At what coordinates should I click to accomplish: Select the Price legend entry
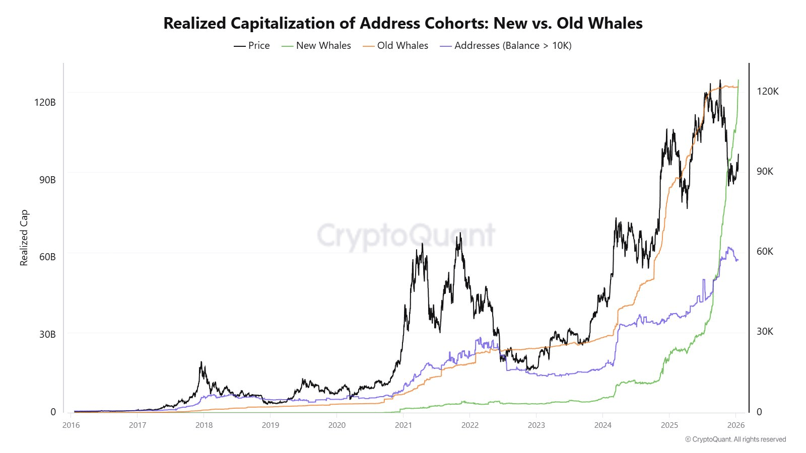pos(252,46)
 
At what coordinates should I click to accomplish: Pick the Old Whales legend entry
pos(396,46)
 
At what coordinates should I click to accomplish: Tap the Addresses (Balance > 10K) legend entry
pos(506,46)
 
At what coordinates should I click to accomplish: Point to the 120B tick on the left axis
pos(45,102)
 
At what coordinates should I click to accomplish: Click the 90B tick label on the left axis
pos(47,180)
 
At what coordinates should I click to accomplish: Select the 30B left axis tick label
pos(47,334)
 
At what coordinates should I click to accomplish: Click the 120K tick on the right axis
pos(767,91)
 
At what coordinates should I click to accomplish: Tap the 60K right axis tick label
pos(765,251)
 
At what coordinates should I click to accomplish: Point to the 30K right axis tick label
pos(765,331)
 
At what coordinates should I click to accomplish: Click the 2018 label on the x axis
pos(204,425)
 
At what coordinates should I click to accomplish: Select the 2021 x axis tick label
pos(404,425)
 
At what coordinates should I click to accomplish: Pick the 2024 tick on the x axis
pos(603,425)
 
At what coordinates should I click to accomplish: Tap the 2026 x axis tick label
pos(736,425)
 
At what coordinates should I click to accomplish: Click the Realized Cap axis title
pos(24,238)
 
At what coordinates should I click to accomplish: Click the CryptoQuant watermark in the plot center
pos(406,235)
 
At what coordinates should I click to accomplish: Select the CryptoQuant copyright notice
pos(735,439)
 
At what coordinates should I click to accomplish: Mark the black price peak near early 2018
pos(201,362)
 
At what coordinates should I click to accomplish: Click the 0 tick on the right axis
pos(759,412)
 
